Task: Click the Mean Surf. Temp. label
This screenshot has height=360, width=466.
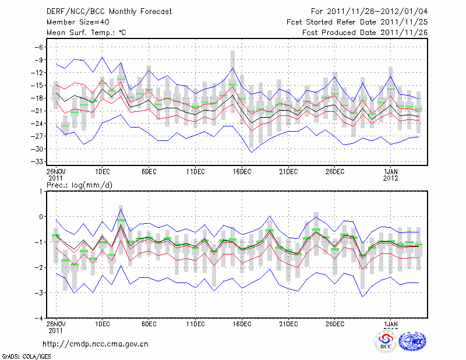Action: click(x=86, y=33)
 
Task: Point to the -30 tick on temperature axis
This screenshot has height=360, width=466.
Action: click(x=39, y=149)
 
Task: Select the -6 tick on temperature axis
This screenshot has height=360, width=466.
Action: click(x=41, y=47)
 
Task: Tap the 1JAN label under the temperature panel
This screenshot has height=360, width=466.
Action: click(x=391, y=171)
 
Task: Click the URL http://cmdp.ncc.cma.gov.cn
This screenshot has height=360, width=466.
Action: click(x=96, y=344)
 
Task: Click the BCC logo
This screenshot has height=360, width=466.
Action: click(x=386, y=341)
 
